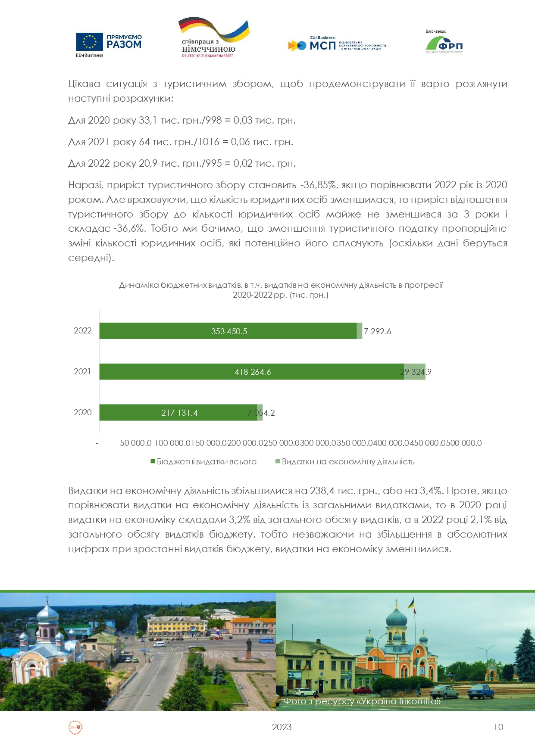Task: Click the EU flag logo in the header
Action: click(x=89, y=42)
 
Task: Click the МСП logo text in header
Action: click(x=322, y=45)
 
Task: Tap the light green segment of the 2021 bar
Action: click(x=415, y=372)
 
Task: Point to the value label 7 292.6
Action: click(x=377, y=331)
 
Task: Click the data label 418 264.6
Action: click(x=253, y=372)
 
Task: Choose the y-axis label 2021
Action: click(x=82, y=372)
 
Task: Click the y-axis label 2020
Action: click(x=82, y=413)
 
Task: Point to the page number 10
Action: click(x=498, y=727)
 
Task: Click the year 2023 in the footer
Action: click(x=282, y=727)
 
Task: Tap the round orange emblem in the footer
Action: click(x=75, y=728)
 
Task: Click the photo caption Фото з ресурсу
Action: click(x=361, y=701)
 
